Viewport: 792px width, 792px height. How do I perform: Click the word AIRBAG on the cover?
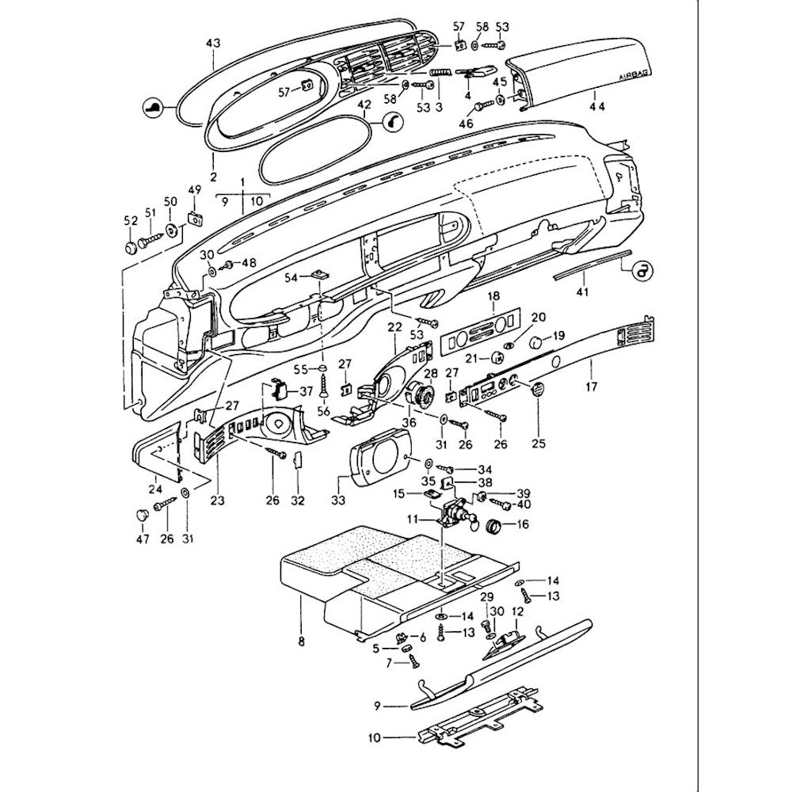click(x=633, y=78)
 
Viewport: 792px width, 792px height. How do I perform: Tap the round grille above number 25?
click(x=538, y=389)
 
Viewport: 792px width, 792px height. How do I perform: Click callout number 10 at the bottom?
click(x=375, y=737)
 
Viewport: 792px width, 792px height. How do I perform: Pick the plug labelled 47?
click(x=142, y=516)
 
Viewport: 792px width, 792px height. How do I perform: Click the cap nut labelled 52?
click(x=131, y=248)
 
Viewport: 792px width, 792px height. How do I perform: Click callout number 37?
click(x=306, y=391)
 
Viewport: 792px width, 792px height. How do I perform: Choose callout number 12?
click(x=519, y=611)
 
